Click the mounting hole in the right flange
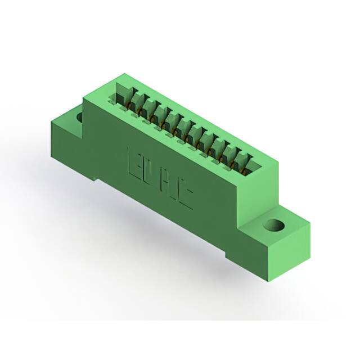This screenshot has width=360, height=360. click(274, 226)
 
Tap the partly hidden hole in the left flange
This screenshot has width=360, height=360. click(79, 118)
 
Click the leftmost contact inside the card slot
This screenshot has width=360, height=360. click(128, 101)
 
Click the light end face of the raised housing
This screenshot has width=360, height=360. click(260, 191)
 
